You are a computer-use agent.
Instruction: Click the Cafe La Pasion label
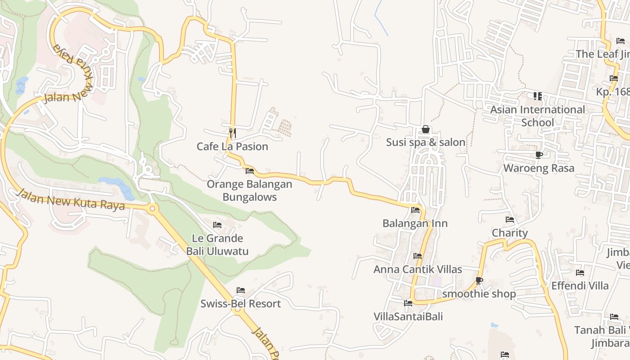(232, 147)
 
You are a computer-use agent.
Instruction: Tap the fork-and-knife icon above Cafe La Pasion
(233, 132)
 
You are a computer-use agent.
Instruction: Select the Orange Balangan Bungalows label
(249, 190)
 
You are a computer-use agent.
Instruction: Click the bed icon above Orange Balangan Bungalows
(250, 171)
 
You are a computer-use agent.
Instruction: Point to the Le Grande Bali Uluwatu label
(217, 245)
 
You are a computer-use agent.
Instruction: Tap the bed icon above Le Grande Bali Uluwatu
(217, 225)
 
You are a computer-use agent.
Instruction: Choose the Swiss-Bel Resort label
(240, 304)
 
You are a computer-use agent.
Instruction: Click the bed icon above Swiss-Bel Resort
(241, 290)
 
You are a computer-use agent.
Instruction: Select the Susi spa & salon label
(426, 143)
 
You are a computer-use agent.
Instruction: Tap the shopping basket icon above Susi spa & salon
(426, 130)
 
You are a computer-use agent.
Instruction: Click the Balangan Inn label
(415, 223)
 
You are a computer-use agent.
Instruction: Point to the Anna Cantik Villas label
(418, 270)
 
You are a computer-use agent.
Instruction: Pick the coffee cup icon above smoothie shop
(479, 281)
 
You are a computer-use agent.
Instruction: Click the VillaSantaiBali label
(408, 317)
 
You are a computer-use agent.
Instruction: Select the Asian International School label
(538, 116)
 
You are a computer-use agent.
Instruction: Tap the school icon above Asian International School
(538, 96)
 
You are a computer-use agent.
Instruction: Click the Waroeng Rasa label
(539, 168)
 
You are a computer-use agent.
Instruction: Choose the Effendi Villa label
(580, 286)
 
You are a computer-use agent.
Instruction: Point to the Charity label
(509, 233)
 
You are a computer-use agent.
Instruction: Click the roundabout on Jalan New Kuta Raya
(153, 208)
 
